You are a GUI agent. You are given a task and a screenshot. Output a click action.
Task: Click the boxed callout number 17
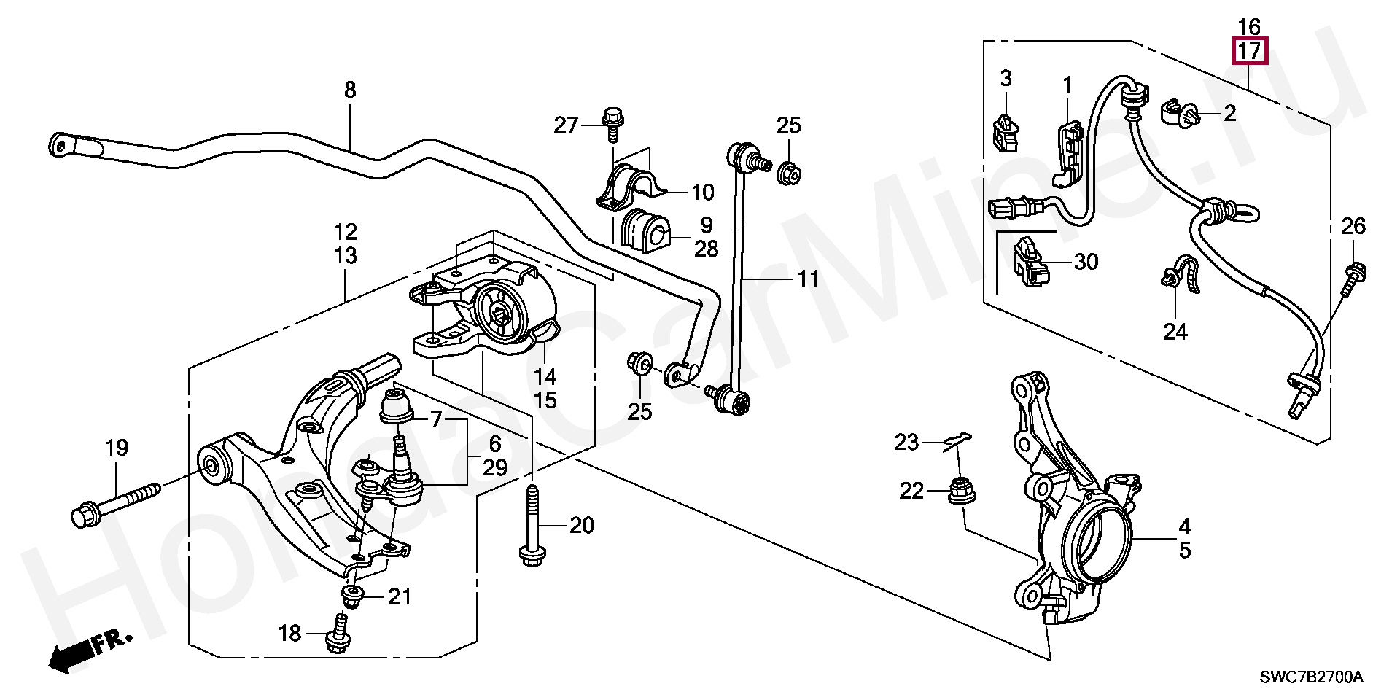1250,51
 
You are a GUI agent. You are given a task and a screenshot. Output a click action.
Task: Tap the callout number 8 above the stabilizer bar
350,90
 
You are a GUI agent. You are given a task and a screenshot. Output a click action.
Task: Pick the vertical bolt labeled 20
532,524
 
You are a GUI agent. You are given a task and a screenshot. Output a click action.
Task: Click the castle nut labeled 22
959,491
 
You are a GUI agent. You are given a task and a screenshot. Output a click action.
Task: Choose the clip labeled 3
1006,132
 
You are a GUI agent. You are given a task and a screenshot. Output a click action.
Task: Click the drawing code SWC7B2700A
1311,677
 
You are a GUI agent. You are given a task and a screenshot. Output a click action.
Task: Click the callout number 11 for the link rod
807,279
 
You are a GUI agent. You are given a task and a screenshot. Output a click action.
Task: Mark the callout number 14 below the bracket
545,376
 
